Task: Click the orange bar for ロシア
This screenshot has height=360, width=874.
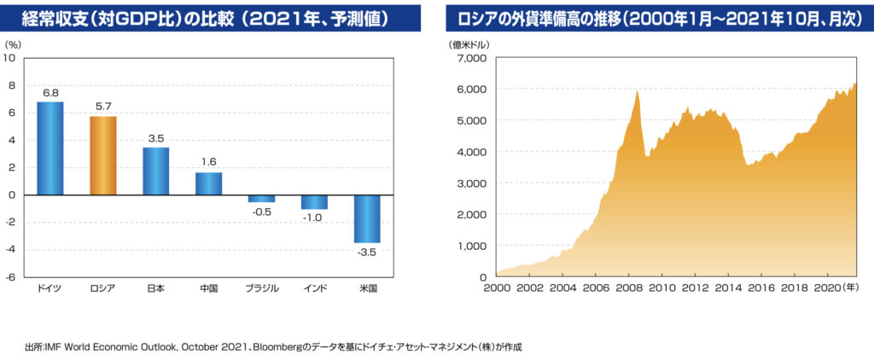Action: point(103,155)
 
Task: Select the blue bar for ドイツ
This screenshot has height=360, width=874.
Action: point(50,148)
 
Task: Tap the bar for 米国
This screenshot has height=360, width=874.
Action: point(367,218)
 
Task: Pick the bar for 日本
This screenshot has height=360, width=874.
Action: point(156,171)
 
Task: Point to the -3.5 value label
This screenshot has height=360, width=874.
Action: point(368,253)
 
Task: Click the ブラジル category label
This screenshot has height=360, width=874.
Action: point(261,288)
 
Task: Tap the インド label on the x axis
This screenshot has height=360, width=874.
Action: point(315,288)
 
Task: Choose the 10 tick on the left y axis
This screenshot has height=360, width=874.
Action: point(10,58)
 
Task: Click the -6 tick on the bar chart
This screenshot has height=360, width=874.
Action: point(11,277)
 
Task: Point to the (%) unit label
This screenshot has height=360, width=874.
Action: point(15,42)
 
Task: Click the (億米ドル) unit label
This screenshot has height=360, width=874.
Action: point(470,42)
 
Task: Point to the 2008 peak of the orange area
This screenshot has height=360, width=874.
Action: point(638,91)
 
